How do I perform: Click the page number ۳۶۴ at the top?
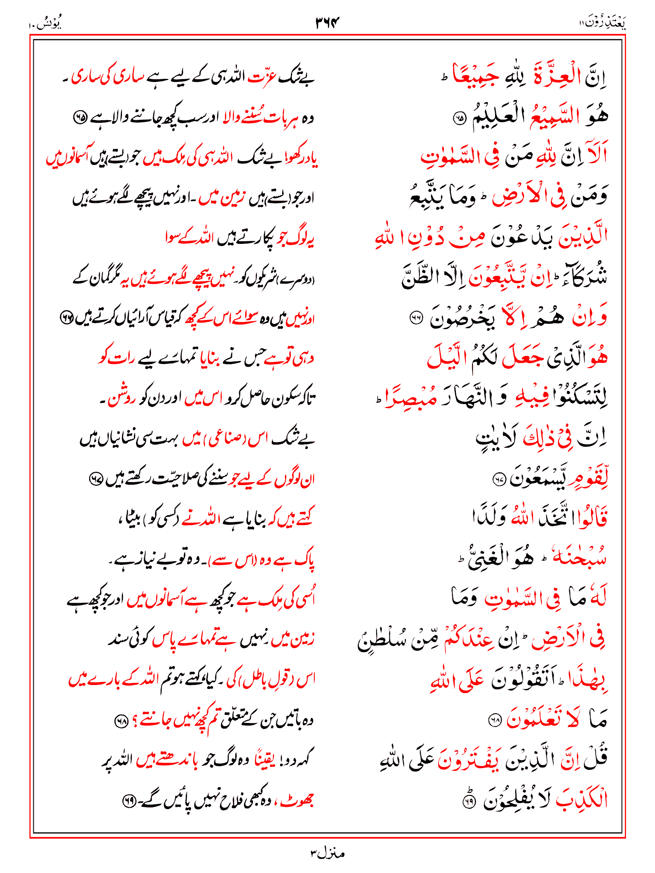[327, 22]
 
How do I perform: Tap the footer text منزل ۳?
[327, 853]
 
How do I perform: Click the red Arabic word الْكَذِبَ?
[581, 800]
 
